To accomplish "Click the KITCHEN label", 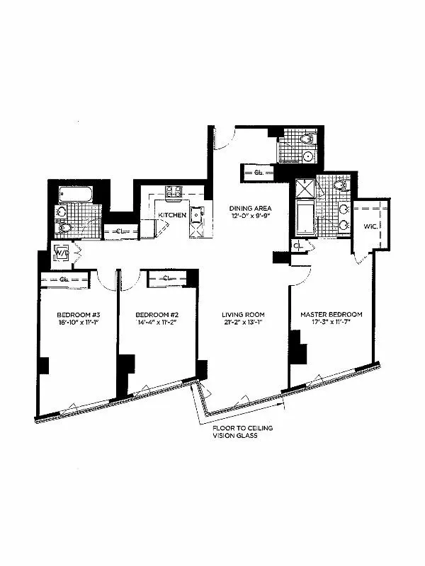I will click(172, 214).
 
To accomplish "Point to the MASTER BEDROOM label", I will click(331, 315).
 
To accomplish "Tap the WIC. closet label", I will click(370, 226).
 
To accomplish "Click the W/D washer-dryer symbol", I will click(62, 253).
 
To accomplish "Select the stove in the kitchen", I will click(174, 191).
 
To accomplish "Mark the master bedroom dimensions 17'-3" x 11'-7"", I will click(331, 324).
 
